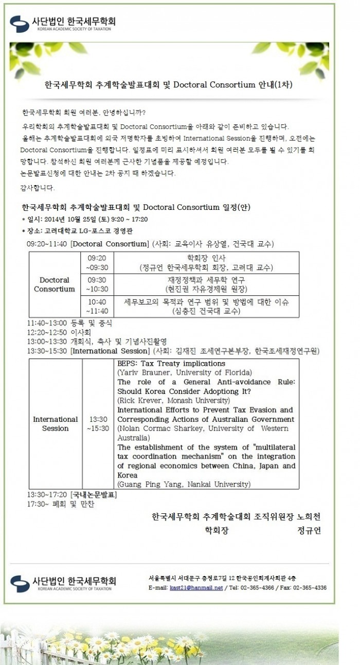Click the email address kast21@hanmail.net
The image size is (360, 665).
[196, 588]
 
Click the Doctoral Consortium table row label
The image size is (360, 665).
[55, 284]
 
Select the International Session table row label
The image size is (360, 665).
[55, 424]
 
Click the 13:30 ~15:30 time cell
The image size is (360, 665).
[97, 424]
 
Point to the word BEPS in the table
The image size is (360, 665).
[127, 363]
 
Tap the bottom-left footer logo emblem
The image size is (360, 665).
[20, 583]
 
